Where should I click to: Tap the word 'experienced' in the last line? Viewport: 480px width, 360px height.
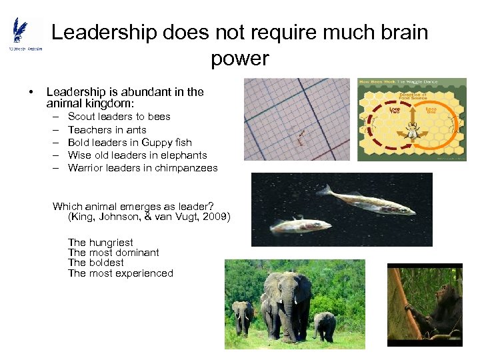[144, 273]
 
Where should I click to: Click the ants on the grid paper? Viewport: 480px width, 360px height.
[301, 137]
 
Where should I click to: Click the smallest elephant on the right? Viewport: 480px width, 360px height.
[325, 325]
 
